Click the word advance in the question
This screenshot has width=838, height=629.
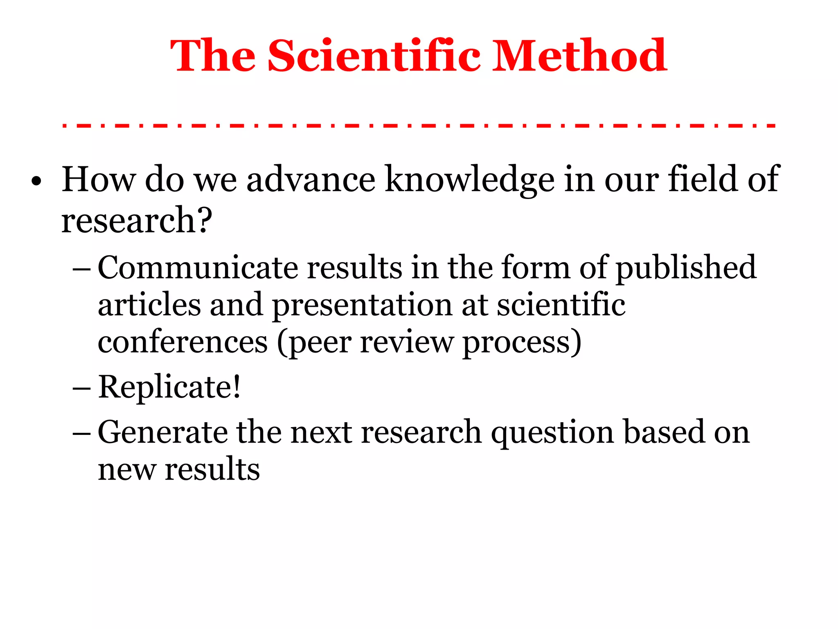click(x=311, y=180)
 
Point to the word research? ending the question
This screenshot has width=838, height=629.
click(x=137, y=220)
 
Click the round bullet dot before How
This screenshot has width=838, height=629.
click(x=36, y=182)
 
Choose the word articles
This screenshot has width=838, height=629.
click(x=149, y=305)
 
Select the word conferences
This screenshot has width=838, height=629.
click(x=182, y=342)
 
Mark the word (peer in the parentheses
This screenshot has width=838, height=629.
click(x=314, y=343)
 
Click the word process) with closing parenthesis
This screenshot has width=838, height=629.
click(x=522, y=343)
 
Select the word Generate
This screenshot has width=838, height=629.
click(x=163, y=432)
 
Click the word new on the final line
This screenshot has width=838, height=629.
click(x=127, y=470)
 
